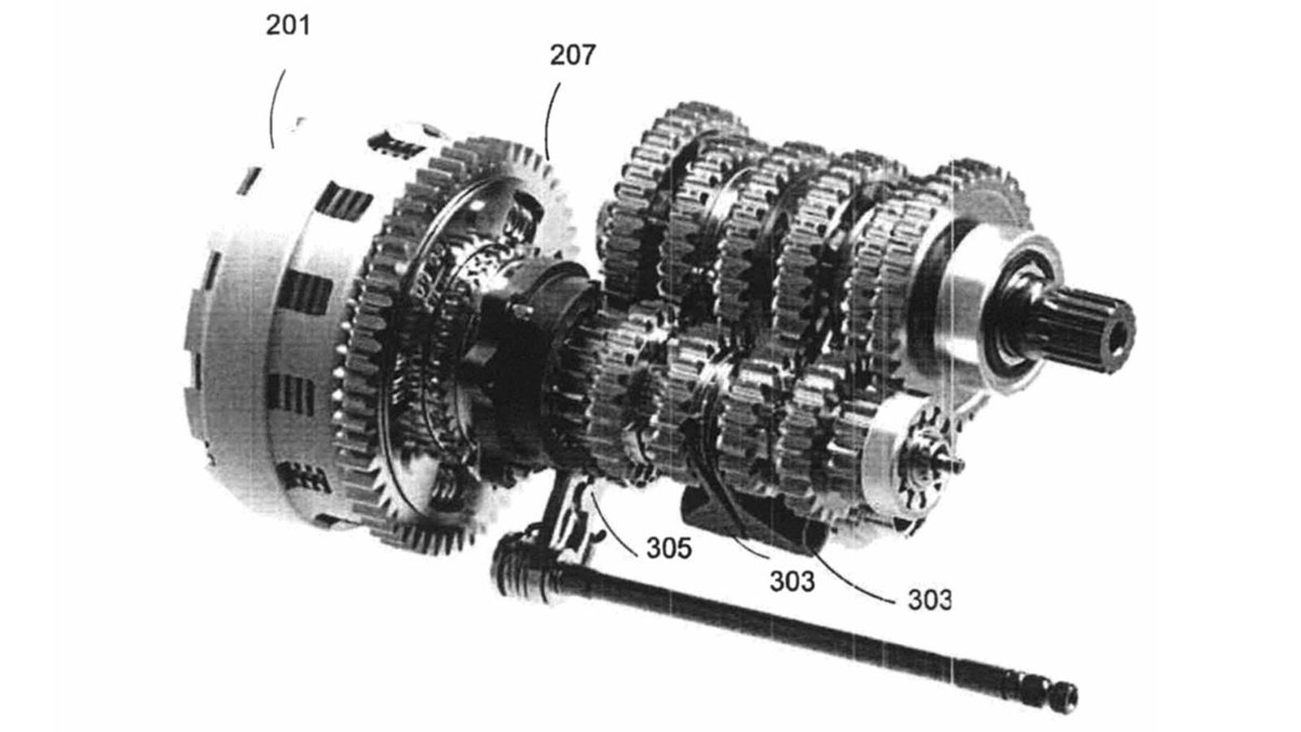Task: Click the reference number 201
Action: click(x=288, y=25)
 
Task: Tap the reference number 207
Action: click(x=572, y=55)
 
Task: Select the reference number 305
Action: click(x=669, y=548)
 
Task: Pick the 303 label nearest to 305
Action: click(x=792, y=581)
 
